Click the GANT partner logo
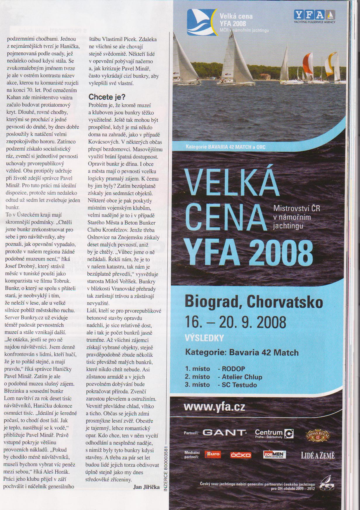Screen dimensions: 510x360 pos(224,433)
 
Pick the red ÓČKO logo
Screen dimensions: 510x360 pos(240,455)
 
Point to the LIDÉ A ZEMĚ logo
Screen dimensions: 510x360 pos(318,455)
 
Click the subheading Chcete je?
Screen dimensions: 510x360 pos(107,97)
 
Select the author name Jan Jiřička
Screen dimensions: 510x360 pos(146,487)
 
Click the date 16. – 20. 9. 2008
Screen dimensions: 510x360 pos(236,322)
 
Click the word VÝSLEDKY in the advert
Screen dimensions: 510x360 pos(204,338)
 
